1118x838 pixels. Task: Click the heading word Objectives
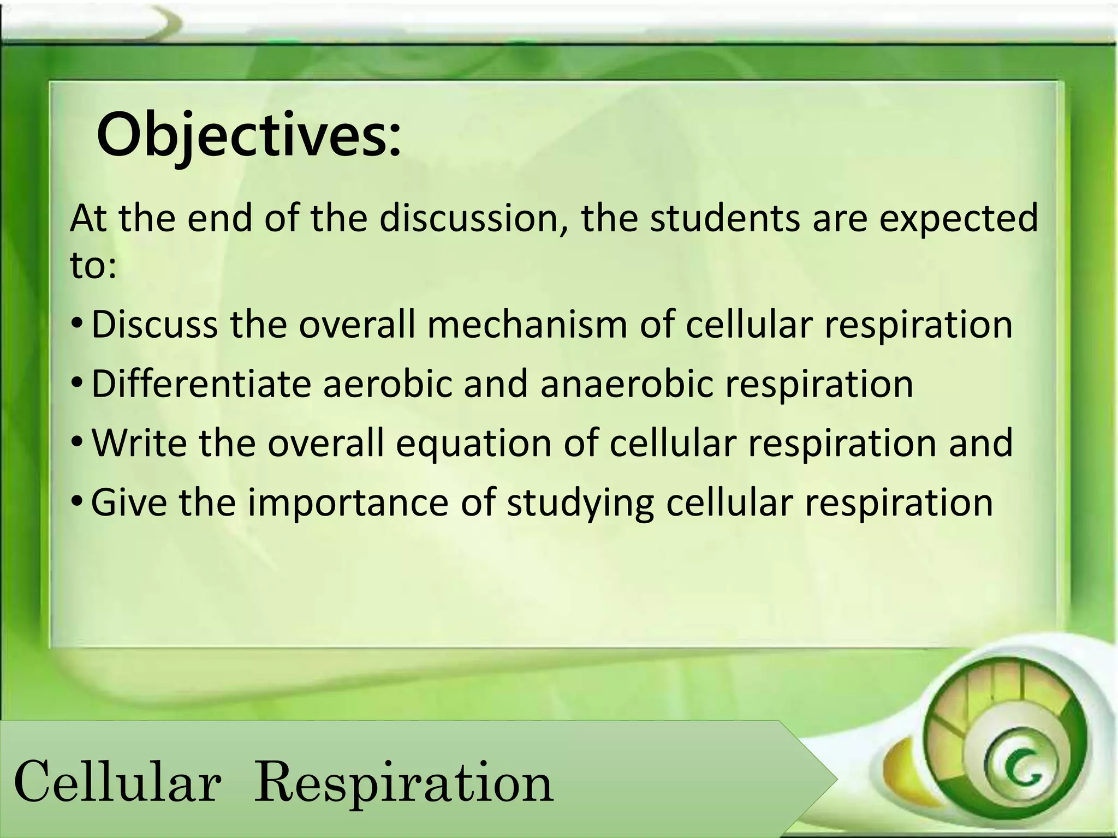pyautogui.click(x=248, y=135)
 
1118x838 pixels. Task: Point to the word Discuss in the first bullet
pyautogui.click(x=154, y=325)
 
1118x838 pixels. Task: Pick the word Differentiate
pyautogui.click(x=201, y=384)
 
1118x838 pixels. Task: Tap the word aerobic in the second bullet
pyautogui.click(x=388, y=384)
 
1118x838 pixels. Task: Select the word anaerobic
pyautogui.click(x=627, y=384)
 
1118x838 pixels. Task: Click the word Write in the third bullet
pyautogui.click(x=139, y=442)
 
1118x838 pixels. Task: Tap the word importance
pyautogui.click(x=348, y=503)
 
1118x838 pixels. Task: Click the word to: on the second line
pyautogui.click(x=93, y=266)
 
